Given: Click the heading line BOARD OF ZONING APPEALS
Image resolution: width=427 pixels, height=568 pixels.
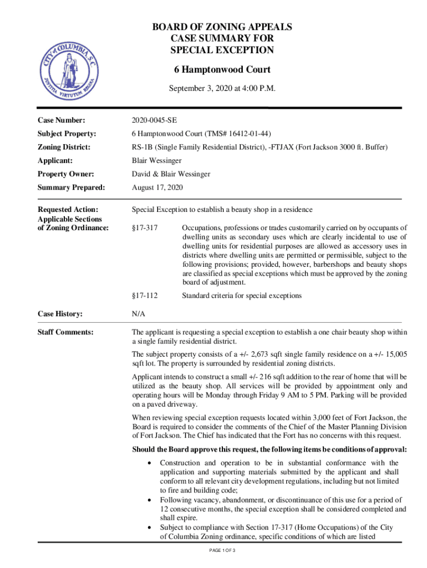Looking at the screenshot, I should coord(222,27).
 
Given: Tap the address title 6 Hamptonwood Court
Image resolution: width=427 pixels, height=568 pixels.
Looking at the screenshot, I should coord(222,69).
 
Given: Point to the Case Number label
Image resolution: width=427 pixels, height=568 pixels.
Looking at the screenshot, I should coord(61,120).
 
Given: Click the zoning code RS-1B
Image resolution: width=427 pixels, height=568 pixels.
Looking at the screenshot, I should coord(143,148).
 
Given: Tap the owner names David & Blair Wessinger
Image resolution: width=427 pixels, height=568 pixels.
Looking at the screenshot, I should coord(171,174).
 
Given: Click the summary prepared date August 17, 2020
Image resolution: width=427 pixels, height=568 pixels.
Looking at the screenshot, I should coord(157,187).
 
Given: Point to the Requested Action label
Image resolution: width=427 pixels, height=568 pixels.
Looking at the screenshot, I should coord(68,209).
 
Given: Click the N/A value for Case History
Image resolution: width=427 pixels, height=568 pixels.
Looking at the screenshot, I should coord(139,314).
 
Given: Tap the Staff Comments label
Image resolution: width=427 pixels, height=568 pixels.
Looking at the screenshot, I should coord(65,332).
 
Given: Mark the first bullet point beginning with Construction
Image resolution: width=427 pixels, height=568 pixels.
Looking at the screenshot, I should coord(149,463).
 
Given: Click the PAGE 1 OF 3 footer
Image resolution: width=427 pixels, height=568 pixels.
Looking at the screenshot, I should coord(220,550).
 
